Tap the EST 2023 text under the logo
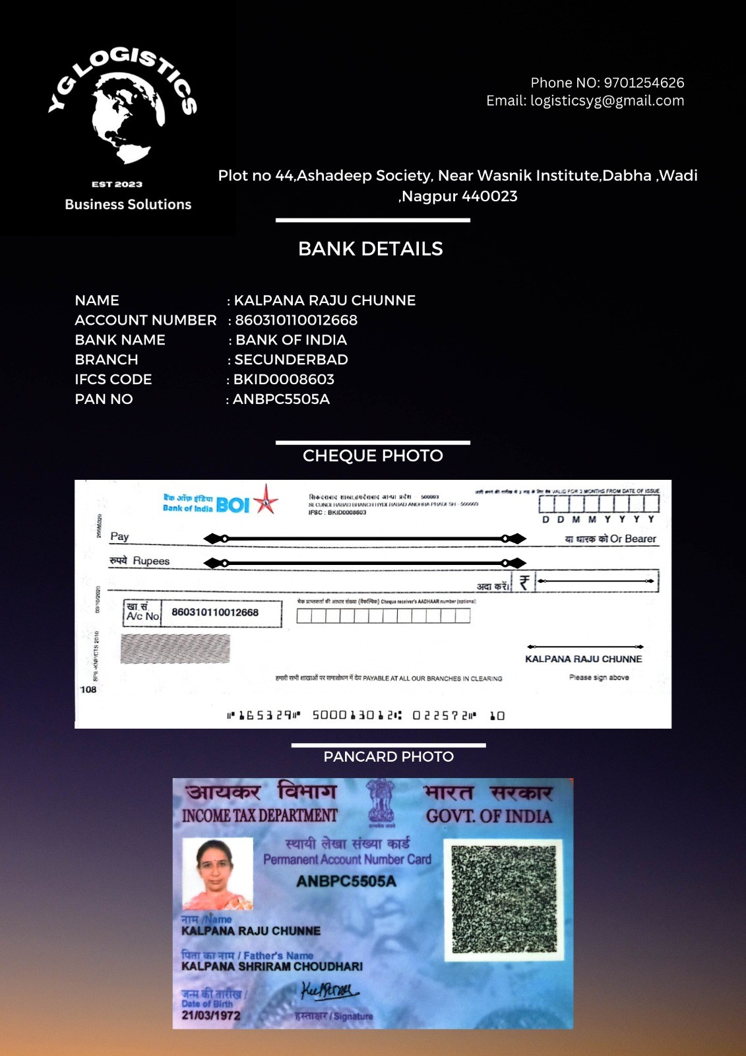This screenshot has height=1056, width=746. [x=117, y=184]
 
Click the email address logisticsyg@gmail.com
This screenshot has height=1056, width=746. [x=607, y=101]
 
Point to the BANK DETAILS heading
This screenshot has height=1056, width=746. [x=370, y=249]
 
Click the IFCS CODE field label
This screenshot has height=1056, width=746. [x=113, y=379]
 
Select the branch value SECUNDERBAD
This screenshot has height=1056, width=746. [x=291, y=360]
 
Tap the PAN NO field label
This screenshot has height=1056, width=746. [x=104, y=399]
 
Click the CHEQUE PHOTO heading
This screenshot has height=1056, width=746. [x=373, y=456]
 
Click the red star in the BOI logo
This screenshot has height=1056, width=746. [x=266, y=499]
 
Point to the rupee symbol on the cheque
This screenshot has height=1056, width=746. [x=524, y=582]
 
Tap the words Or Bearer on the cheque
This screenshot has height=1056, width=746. [x=633, y=539]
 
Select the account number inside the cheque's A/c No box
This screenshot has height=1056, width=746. [x=215, y=612]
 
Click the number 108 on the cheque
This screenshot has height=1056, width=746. [x=88, y=690]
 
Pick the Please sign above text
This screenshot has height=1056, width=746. [x=599, y=677]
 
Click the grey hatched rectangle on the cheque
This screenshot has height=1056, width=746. [x=175, y=649]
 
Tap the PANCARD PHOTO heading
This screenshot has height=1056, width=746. [x=389, y=757]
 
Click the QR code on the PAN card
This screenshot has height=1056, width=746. [x=504, y=900]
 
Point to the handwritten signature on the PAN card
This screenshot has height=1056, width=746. [x=329, y=992]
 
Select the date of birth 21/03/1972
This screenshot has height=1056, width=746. [x=211, y=1016]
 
